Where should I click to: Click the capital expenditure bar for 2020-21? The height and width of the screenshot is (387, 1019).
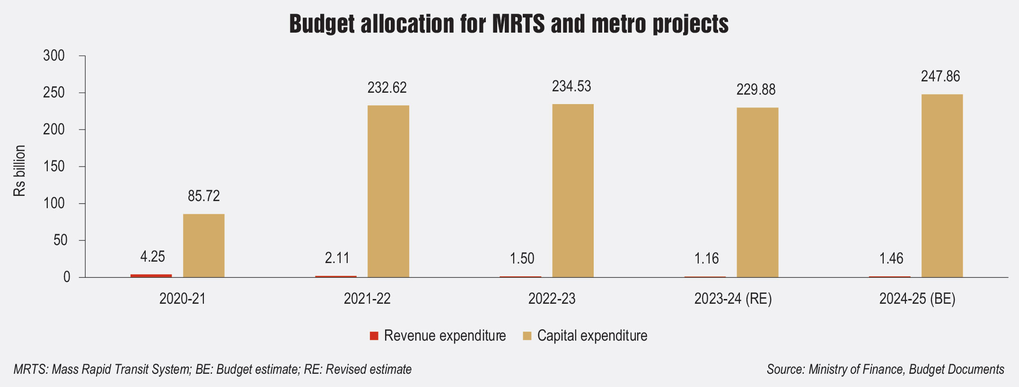[203, 246]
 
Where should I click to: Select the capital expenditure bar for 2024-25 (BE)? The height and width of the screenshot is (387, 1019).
[941, 186]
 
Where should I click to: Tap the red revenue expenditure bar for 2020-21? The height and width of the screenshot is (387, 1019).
[151, 275]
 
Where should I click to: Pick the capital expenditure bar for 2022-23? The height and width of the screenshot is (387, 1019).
[572, 191]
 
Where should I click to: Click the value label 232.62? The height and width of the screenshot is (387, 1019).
[387, 88]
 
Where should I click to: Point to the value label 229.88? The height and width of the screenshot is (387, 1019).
[755, 90]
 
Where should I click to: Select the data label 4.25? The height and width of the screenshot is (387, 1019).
[152, 257]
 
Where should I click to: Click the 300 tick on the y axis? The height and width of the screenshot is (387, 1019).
[54, 56]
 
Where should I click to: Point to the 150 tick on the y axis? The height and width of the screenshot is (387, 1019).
[54, 167]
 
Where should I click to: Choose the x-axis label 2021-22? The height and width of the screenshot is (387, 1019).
[367, 299]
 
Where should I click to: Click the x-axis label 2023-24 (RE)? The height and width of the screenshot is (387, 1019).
[733, 299]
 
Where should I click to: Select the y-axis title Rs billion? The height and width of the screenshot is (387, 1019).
[19, 171]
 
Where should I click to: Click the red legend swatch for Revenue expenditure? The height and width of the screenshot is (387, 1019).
[374, 336]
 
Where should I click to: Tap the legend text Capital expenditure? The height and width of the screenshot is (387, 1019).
[592, 336]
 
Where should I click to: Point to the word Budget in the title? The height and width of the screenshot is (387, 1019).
[322, 24]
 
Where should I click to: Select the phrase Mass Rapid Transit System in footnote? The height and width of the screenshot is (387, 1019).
[120, 369]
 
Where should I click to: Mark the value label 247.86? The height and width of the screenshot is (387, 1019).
[940, 77]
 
